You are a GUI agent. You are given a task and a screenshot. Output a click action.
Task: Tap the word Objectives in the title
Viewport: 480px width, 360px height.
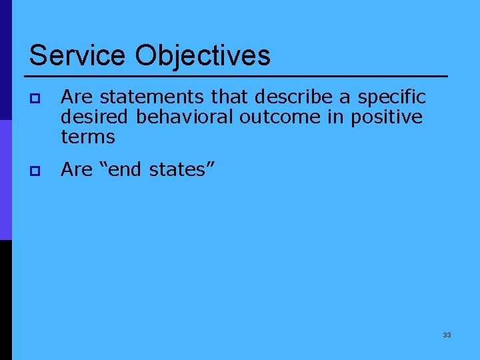pyautogui.click(x=203, y=56)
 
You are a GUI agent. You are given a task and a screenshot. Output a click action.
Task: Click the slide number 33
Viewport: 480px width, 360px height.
pyautogui.click(x=447, y=335)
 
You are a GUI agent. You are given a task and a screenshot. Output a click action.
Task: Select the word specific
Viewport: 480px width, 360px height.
pyautogui.click(x=391, y=97)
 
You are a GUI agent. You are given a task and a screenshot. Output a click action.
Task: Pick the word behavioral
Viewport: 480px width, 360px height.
pyautogui.click(x=185, y=117)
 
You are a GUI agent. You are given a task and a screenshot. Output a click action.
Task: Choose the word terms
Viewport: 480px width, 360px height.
pyautogui.click(x=88, y=138)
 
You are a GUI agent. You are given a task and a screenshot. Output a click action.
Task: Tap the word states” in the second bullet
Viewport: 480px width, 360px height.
pyautogui.click(x=181, y=170)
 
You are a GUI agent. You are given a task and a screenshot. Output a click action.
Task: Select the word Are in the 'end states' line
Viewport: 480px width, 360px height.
pyautogui.click(x=76, y=170)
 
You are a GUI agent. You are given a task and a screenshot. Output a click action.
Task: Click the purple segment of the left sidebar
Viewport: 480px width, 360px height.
pyautogui.click(x=5, y=180)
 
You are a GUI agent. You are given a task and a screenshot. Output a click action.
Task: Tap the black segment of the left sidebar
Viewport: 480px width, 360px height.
pyautogui.click(x=5, y=300)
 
